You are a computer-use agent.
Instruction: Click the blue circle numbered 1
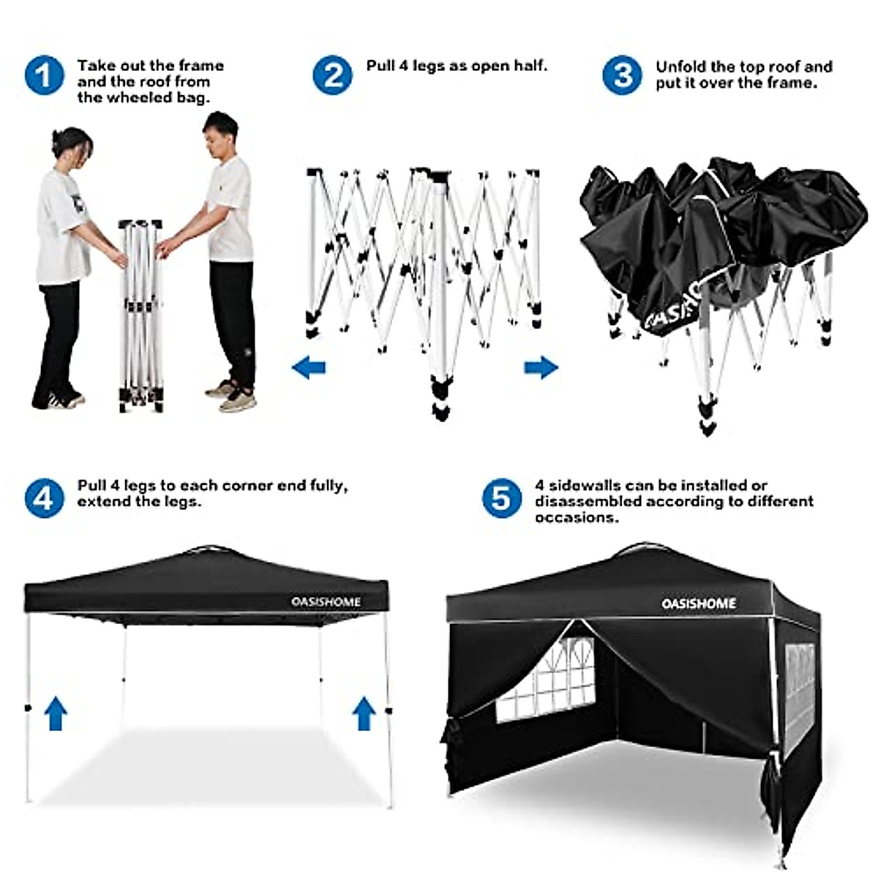click(45, 75)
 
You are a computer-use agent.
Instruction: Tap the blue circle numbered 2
click(333, 75)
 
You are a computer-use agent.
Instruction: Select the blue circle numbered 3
click(623, 75)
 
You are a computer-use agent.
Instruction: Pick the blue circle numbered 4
click(45, 498)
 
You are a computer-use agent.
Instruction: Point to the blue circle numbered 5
click(501, 498)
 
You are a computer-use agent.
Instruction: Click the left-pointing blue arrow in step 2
click(309, 367)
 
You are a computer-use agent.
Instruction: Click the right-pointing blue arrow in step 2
click(541, 367)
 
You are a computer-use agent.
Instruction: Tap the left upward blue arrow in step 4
click(56, 713)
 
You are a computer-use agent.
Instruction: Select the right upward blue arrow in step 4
click(364, 713)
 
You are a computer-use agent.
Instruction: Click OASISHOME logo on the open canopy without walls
click(326, 602)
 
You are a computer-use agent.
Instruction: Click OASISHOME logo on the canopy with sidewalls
click(699, 604)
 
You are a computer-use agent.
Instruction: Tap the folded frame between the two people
click(140, 315)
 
